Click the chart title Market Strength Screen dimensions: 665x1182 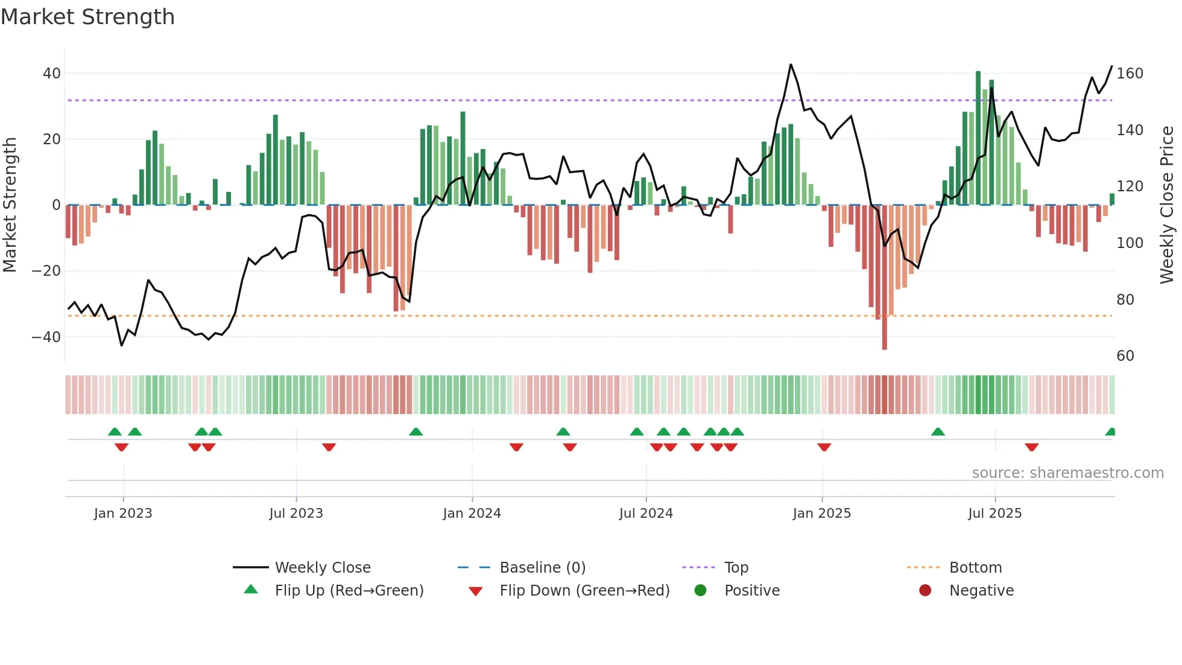(87, 17)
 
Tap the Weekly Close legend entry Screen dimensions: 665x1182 (322, 567)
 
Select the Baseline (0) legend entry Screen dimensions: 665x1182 (542, 567)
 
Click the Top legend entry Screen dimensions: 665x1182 (736, 567)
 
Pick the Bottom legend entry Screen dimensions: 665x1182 (975, 567)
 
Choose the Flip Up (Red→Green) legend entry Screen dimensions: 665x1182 (349, 590)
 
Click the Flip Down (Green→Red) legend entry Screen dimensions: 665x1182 (584, 590)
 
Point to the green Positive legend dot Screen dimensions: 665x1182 (700, 590)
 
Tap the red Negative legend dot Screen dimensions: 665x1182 (925, 590)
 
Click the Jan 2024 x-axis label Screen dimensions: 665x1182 (472, 513)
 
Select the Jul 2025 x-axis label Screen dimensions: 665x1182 (994, 513)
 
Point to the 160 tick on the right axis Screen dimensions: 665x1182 (1130, 74)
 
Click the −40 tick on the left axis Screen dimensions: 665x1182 (46, 337)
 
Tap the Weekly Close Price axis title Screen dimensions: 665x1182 (1167, 205)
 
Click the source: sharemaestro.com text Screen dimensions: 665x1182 (1067, 473)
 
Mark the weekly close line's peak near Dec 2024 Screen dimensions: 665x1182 (791, 65)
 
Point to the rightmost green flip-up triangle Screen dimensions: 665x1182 (1110, 432)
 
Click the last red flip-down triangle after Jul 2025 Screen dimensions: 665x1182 (1031, 447)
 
